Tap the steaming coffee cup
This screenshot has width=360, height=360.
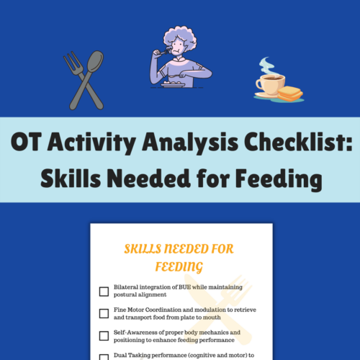pos(271,84)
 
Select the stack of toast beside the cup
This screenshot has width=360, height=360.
pos(290,94)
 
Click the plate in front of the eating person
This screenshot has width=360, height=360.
pos(173,84)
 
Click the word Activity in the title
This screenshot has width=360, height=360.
pos(91,143)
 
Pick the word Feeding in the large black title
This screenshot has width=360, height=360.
pos(279,179)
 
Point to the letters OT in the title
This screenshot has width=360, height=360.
pos(26,142)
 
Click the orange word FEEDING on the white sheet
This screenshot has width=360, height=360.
pos(179,267)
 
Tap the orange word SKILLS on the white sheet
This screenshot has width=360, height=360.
pos(143,249)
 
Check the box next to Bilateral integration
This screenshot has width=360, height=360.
pos(104,292)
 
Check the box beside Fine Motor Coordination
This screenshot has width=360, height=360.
pos(104,313)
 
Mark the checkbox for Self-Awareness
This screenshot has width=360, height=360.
pos(104,336)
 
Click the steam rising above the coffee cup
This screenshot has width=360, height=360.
pos(266,66)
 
